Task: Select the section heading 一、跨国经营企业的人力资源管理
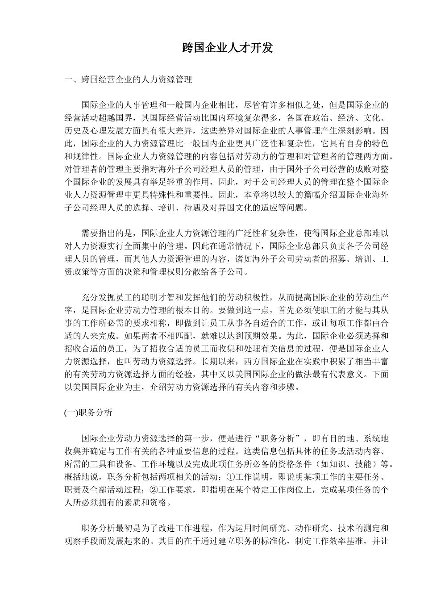pyautogui.click(x=128, y=80)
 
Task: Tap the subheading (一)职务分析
pyautogui.click(x=88, y=413)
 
